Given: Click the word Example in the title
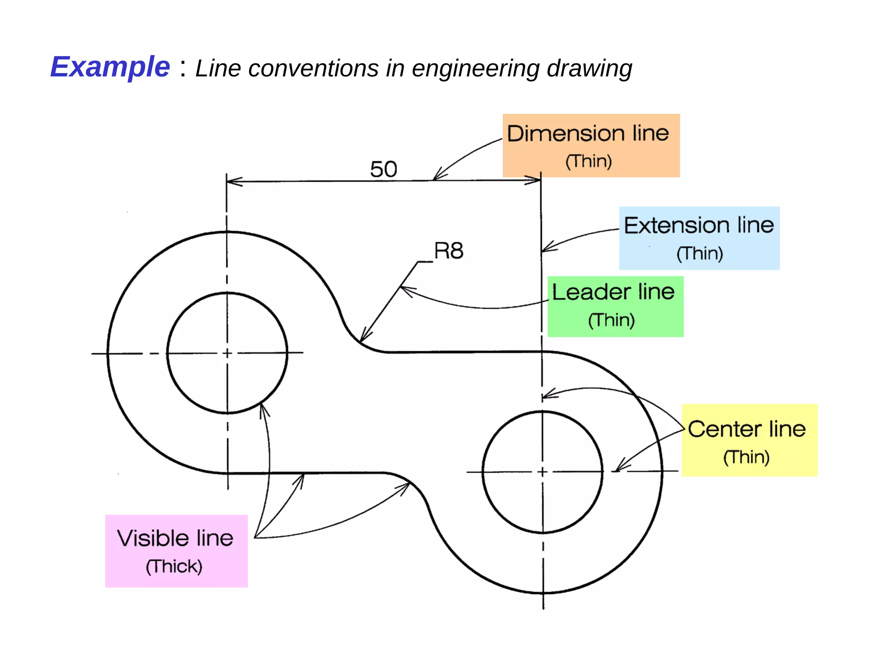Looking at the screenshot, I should (110, 67).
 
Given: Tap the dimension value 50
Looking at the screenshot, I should (383, 169).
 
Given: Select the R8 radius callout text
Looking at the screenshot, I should (449, 250).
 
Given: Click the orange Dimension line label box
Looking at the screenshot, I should (591, 145).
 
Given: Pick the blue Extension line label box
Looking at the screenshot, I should (699, 238).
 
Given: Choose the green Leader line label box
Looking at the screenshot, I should (615, 306).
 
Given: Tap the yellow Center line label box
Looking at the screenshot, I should (749, 440).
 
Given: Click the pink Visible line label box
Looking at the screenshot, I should (176, 551).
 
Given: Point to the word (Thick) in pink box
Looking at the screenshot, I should (174, 566).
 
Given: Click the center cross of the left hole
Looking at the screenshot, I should (228, 353).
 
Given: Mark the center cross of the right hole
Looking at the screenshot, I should (542, 472).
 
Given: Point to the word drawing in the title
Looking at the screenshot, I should (589, 68).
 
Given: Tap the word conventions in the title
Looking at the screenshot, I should (313, 68).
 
